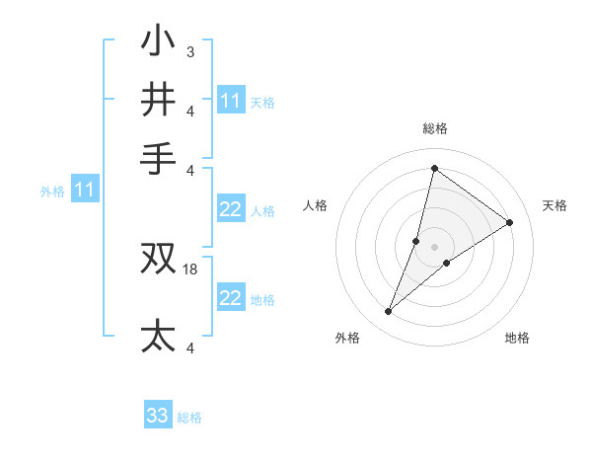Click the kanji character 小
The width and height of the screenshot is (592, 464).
158,43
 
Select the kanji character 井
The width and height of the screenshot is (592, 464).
158,100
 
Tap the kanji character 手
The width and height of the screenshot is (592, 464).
158,158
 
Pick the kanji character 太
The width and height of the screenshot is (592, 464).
158,336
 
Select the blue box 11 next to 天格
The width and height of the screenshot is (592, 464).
230,101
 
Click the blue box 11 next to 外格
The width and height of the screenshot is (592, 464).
84,190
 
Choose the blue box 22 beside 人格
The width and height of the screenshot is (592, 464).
230,209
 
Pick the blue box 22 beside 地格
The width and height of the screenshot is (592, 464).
230,298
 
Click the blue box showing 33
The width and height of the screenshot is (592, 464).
157,416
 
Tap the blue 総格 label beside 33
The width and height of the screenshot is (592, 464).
189,418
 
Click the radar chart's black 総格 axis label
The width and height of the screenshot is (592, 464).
435,128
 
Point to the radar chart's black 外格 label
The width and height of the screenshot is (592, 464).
347,338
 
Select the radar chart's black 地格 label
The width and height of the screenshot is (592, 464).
517,338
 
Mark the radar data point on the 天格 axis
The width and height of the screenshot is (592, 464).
510,222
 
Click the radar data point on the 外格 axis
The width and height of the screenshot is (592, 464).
389,312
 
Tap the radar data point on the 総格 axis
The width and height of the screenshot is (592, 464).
434,168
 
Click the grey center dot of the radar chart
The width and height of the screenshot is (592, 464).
434,247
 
